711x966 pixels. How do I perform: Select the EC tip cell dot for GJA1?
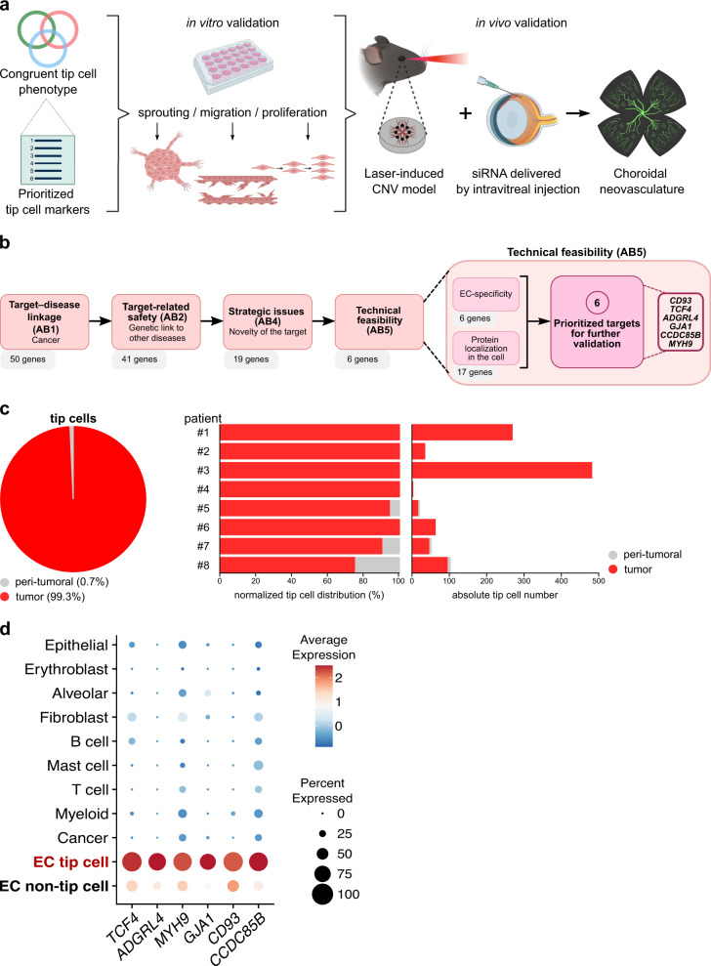pyautogui.click(x=235, y=861)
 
